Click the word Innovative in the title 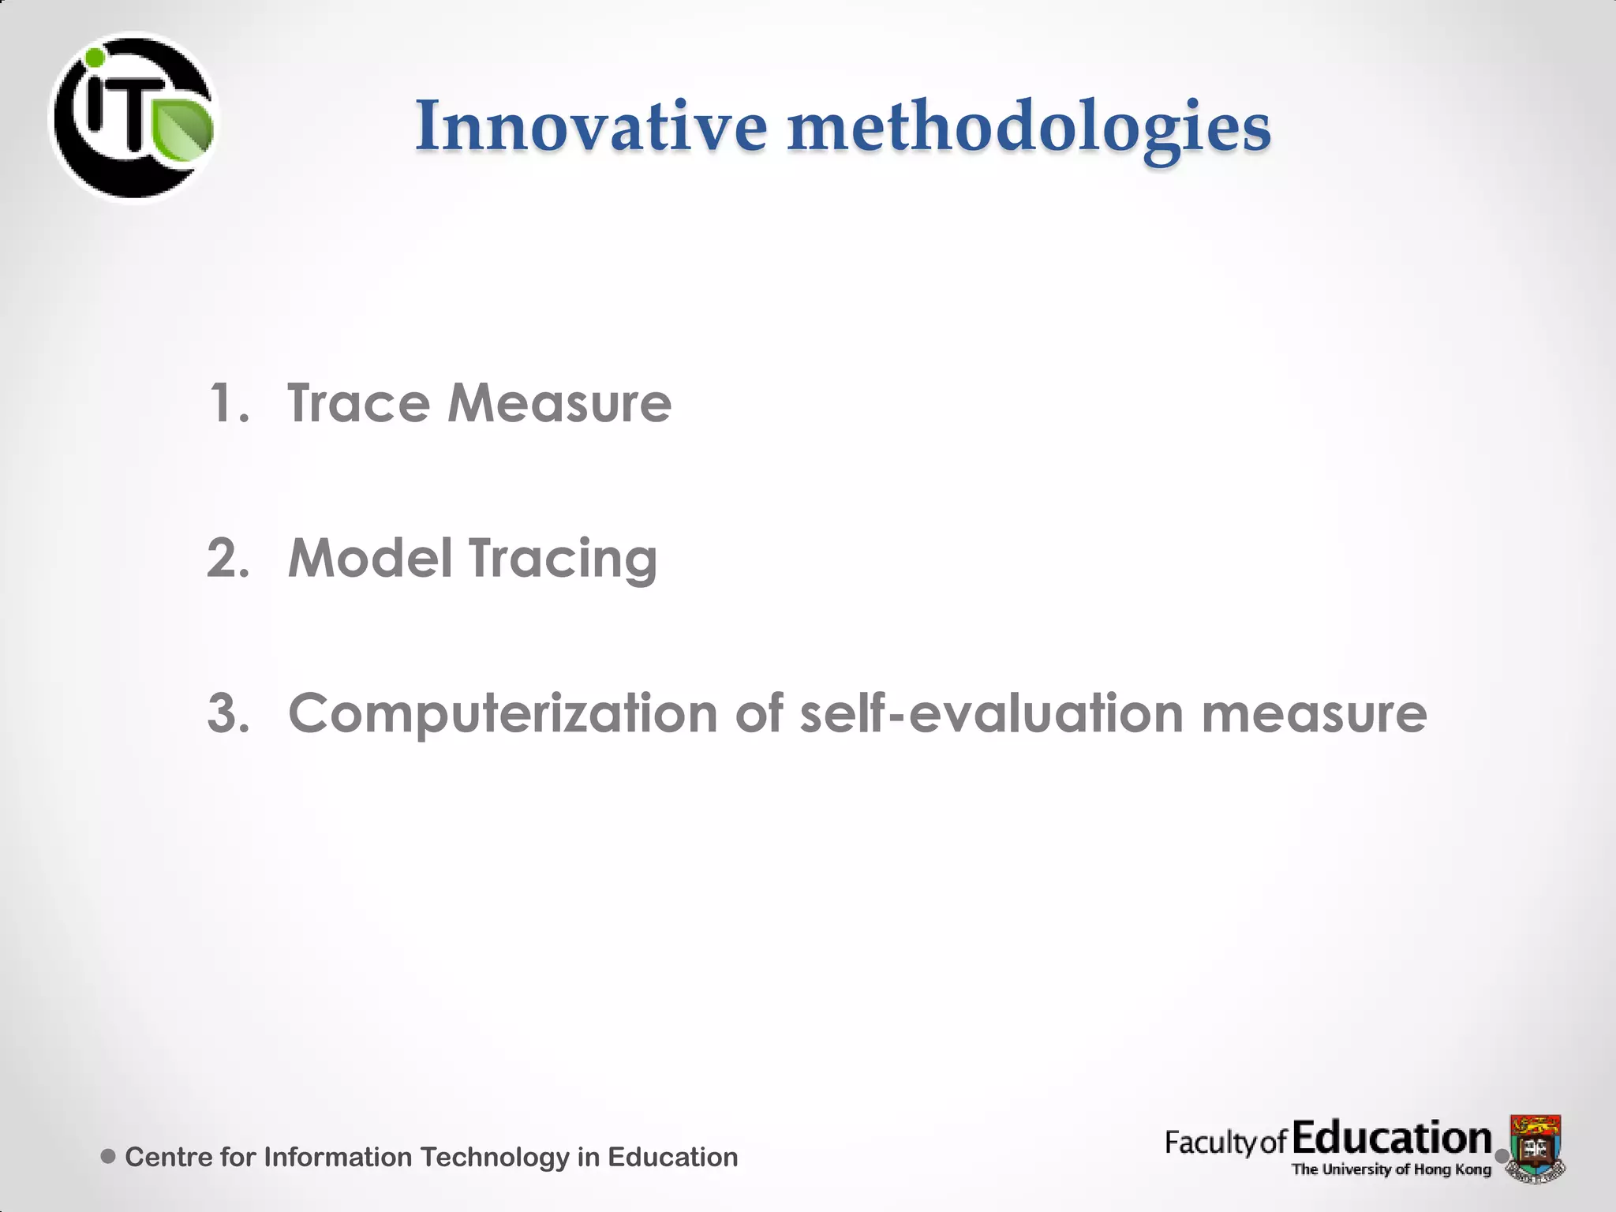click(x=590, y=126)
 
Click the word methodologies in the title click(x=1029, y=126)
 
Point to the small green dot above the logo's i click(x=95, y=58)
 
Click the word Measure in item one click(x=559, y=403)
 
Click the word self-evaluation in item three click(x=992, y=713)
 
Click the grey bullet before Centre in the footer click(x=109, y=1157)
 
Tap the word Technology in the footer click(x=494, y=1158)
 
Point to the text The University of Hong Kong click(x=1391, y=1169)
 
